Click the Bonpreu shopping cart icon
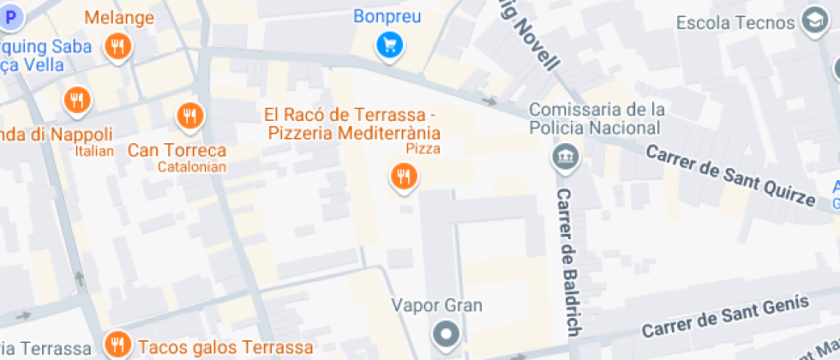(x=390, y=45)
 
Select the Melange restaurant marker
(x=118, y=46)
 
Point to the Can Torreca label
(x=177, y=150)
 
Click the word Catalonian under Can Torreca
(x=192, y=166)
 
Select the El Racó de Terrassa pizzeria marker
(x=403, y=177)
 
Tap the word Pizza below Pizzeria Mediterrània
(x=423, y=149)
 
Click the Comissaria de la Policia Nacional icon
(x=566, y=158)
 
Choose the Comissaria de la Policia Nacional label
(x=597, y=118)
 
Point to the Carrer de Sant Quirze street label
(x=729, y=175)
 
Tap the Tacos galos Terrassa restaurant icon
(x=118, y=345)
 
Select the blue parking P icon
(x=10, y=15)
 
